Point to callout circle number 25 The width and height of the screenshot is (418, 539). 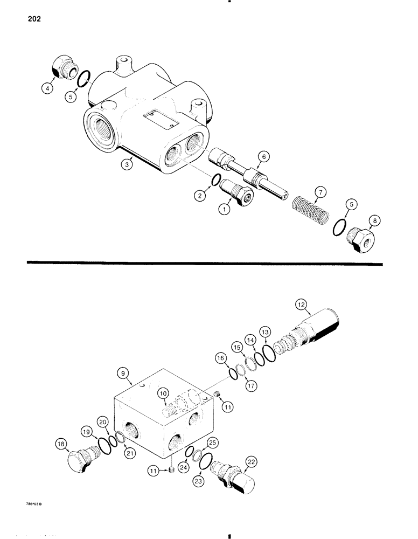213,443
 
